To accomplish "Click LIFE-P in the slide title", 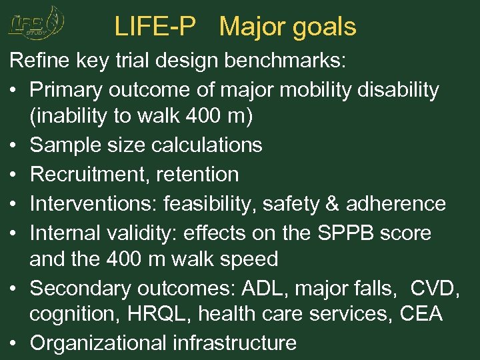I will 155,27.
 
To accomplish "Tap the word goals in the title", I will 324,27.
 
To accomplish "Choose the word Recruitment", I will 89,174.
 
